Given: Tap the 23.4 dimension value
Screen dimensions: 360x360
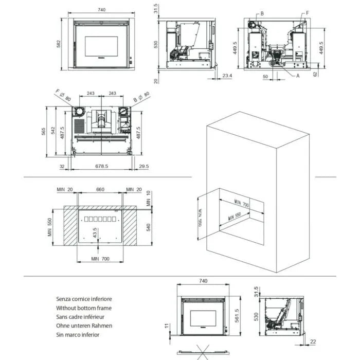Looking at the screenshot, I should pos(227,76).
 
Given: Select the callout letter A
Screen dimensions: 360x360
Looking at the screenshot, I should pos(297,75).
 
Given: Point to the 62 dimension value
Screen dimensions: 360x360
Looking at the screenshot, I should pos(315,74).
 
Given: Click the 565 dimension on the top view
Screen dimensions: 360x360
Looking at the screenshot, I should pos(45,132).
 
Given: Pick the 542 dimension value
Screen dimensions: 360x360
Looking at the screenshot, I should pos(54,132).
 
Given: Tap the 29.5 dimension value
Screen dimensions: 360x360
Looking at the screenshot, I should pos(143,166).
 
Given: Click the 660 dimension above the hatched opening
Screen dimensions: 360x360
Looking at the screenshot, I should pos(100,190).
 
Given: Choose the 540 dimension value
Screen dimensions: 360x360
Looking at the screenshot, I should pos(149,227).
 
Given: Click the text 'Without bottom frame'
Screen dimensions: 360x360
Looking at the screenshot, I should pos(83,308).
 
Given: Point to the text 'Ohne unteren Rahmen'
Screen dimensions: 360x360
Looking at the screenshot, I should pos(84,326).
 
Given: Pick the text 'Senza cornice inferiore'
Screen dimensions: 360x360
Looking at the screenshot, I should pos(84,299).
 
